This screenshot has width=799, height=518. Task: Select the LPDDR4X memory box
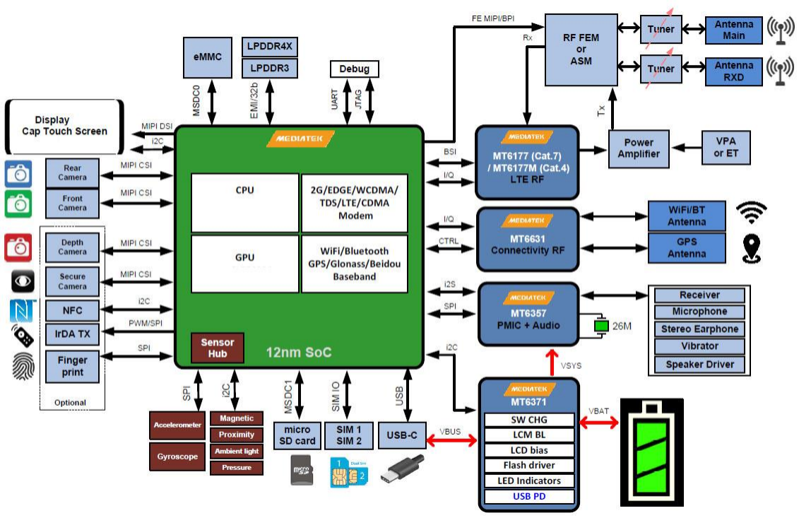[x=269, y=47]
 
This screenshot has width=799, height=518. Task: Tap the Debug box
[x=354, y=69]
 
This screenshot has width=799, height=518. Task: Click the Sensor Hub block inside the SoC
[x=218, y=346]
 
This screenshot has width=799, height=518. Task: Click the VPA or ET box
[x=725, y=148]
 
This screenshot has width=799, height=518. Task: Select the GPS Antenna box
[x=687, y=248]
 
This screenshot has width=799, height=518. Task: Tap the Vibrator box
[x=699, y=346]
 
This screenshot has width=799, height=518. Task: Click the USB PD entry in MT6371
[x=529, y=496]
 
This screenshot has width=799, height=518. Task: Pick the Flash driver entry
[x=529, y=465]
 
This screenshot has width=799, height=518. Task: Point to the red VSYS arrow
[x=552, y=362]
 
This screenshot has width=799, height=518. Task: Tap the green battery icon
[x=651, y=452]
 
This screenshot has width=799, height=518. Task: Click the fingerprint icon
[x=22, y=366]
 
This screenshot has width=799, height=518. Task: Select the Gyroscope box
[x=177, y=457]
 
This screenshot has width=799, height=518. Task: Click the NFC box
[x=72, y=310]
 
